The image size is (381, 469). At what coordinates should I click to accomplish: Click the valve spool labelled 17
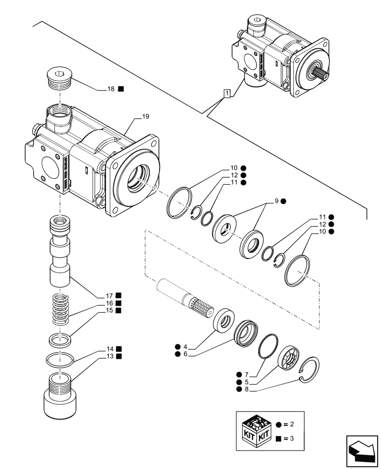coord(60,251)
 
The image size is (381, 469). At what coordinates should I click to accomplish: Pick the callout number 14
coord(110,349)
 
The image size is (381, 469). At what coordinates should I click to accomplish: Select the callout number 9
coord(277,201)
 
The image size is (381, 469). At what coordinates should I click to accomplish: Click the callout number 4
coord(185,347)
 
